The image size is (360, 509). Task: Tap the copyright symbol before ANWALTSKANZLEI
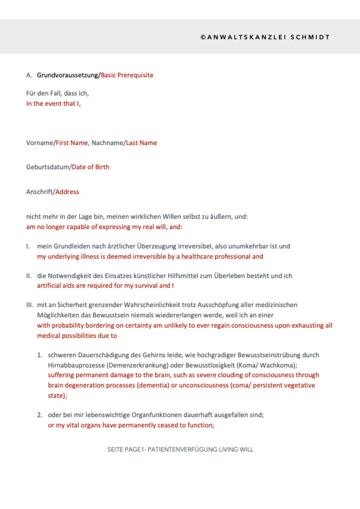click(203, 37)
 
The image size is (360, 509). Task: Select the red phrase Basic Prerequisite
click(127, 75)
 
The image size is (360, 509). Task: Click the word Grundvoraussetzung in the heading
click(68, 75)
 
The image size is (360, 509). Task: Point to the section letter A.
click(29, 75)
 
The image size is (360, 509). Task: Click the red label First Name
click(72, 143)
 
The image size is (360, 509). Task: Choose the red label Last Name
click(141, 143)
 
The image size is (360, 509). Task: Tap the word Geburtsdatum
click(47, 167)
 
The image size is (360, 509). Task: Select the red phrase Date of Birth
click(90, 167)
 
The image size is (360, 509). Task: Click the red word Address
click(67, 192)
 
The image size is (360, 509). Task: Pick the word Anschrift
click(39, 192)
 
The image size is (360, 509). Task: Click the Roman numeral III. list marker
click(30, 305)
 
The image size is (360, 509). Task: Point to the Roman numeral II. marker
click(29, 276)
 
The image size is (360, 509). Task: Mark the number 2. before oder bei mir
click(40, 415)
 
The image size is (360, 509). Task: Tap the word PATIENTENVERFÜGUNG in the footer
click(182, 449)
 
